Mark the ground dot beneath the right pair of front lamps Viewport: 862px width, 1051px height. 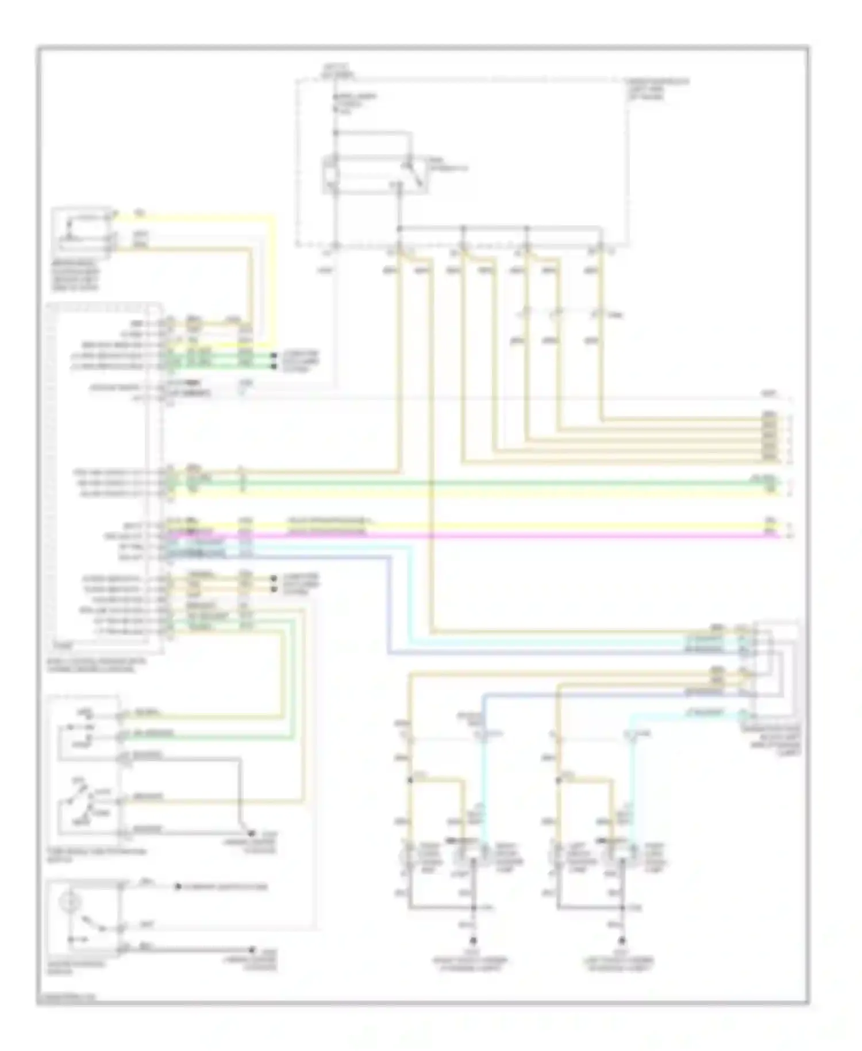[x=474, y=942]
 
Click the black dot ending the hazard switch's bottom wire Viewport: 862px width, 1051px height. [x=251, y=949]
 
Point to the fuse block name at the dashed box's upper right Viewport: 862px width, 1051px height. [x=658, y=89]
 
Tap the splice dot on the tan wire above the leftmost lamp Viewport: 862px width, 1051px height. [x=410, y=780]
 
